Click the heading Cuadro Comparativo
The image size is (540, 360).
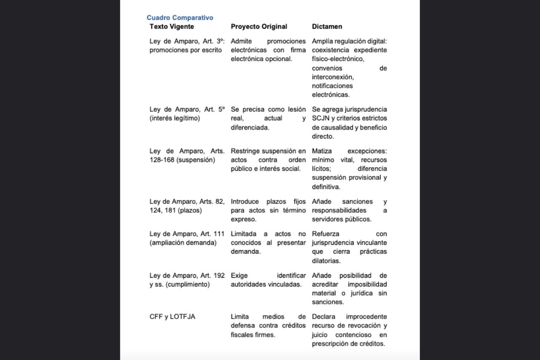(180, 18)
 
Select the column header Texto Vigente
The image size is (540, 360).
(172, 27)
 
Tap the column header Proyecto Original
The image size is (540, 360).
(259, 27)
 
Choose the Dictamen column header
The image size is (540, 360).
(327, 27)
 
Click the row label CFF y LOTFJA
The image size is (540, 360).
(172, 317)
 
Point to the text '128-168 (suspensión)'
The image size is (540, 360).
(182, 160)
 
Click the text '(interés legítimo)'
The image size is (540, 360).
(175, 119)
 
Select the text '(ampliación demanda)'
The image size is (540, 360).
(183, 243)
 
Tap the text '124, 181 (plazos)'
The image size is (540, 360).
(175, 210)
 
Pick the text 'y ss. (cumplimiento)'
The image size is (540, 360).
(179, 284)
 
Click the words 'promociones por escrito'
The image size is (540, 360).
(186, 50)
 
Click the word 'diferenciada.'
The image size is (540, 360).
(250, 127)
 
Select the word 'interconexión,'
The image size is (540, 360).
(333, 77)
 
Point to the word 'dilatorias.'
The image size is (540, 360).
(326, 261)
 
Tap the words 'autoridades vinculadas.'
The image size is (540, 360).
(266, 284)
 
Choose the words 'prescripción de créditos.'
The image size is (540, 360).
(348, 344)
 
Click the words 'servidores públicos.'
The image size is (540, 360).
(342, 219)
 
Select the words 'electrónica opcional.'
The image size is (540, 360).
(261, 59)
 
